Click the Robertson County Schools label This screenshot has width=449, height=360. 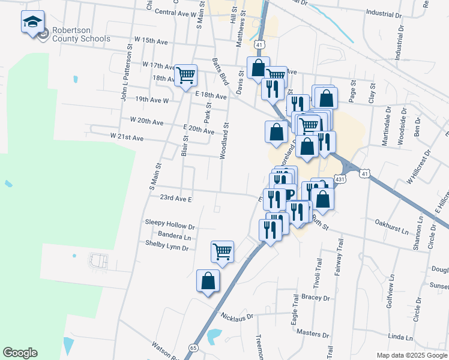(x=81, y=34)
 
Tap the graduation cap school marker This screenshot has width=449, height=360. (x=32, y=23)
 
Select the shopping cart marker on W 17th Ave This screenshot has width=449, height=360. (x=186, y=75)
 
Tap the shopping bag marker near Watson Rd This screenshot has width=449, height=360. (x=208, y=280)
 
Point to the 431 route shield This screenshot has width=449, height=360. (x=340, y=179)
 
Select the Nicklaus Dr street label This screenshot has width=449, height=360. (x=238, y=316)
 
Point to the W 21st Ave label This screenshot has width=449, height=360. (x=127, y=137)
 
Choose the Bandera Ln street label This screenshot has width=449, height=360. (x=174, y=236)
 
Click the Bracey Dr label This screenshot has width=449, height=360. (x=318, y=298)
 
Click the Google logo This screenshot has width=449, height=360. (x=20, y=353)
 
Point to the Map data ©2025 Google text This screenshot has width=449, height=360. (x=411, y=355)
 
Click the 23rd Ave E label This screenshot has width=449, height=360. (x=175, y=197)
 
